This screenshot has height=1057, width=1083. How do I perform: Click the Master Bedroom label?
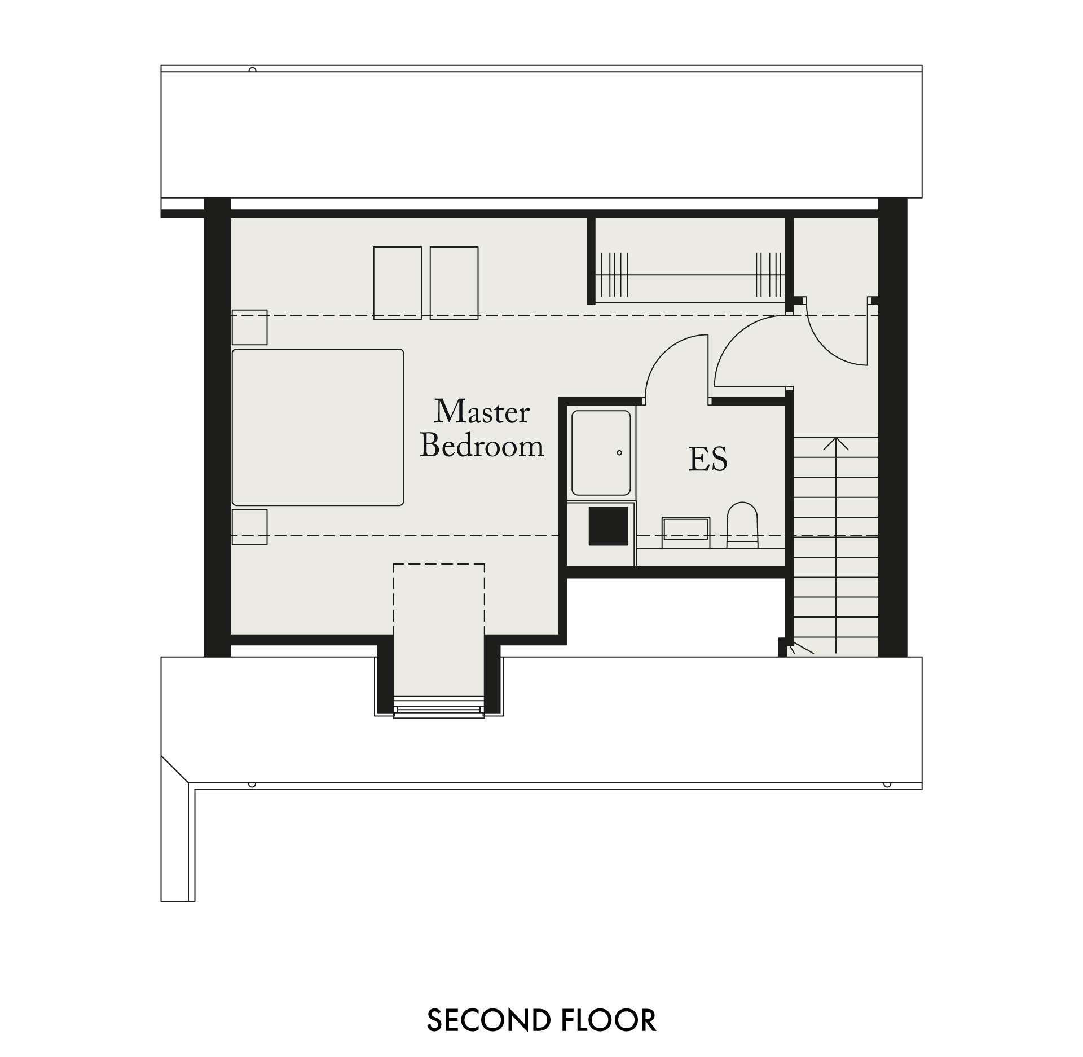(482, 428)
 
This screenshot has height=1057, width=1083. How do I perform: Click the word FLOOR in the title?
(609, 1020)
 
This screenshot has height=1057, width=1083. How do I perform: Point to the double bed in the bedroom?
(318, 427)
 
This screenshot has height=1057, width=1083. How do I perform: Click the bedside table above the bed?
(249, 327)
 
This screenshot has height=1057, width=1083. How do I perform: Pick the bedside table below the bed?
(249, 527)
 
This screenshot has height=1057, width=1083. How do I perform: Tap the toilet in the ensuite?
(741, 525)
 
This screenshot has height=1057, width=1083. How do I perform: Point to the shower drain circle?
(619, 452)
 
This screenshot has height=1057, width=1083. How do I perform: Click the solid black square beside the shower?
(608, 526)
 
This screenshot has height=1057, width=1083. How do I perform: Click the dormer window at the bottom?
(438, 707)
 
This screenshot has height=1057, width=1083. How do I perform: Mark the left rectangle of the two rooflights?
(398, 283)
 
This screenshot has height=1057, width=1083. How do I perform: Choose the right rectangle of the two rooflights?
(454, 283)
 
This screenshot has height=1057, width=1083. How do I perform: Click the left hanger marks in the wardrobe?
(614, 275)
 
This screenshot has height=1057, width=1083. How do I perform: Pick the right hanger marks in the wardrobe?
(769, 275)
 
